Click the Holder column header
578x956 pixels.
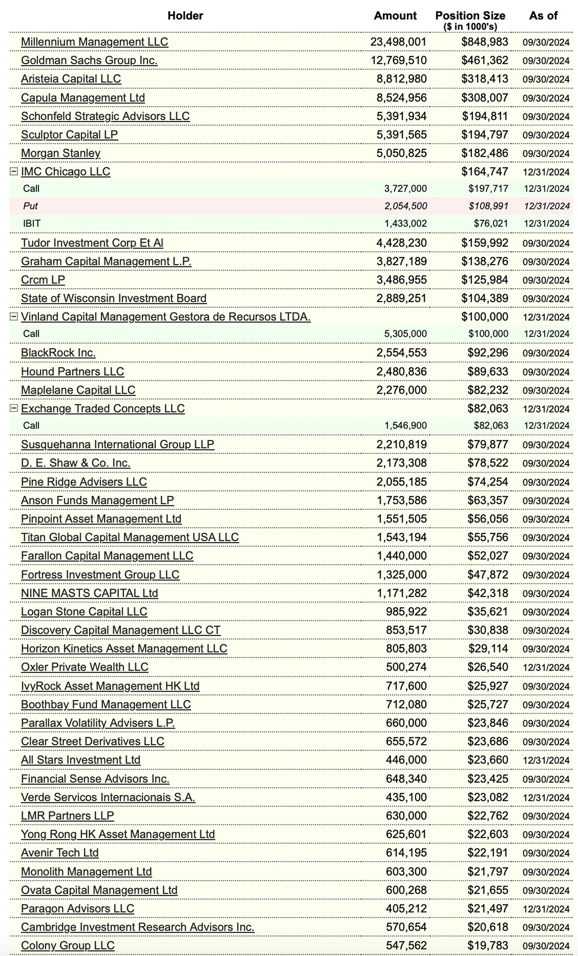tap(185, 16)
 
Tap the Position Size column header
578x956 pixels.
tap(470, 16)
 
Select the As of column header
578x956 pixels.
tap(543, 16)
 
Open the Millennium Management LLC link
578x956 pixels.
tap(94, 42)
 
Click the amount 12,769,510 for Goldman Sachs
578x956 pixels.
tap(398, 61)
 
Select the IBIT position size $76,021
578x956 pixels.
tap(490, 223)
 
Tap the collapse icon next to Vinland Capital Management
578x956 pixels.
tap(14, 317)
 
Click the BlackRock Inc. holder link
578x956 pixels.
tap(58, 353)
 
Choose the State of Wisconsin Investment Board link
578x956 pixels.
tap(113, 298)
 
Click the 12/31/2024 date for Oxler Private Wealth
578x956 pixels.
tap(546, 667)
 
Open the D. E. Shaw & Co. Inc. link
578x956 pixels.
tap(76, 463)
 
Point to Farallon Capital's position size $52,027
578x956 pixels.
tap(487, 556)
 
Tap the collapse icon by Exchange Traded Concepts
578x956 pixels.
tap(14, 408)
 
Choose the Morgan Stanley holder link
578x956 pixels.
tap(60, 153)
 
